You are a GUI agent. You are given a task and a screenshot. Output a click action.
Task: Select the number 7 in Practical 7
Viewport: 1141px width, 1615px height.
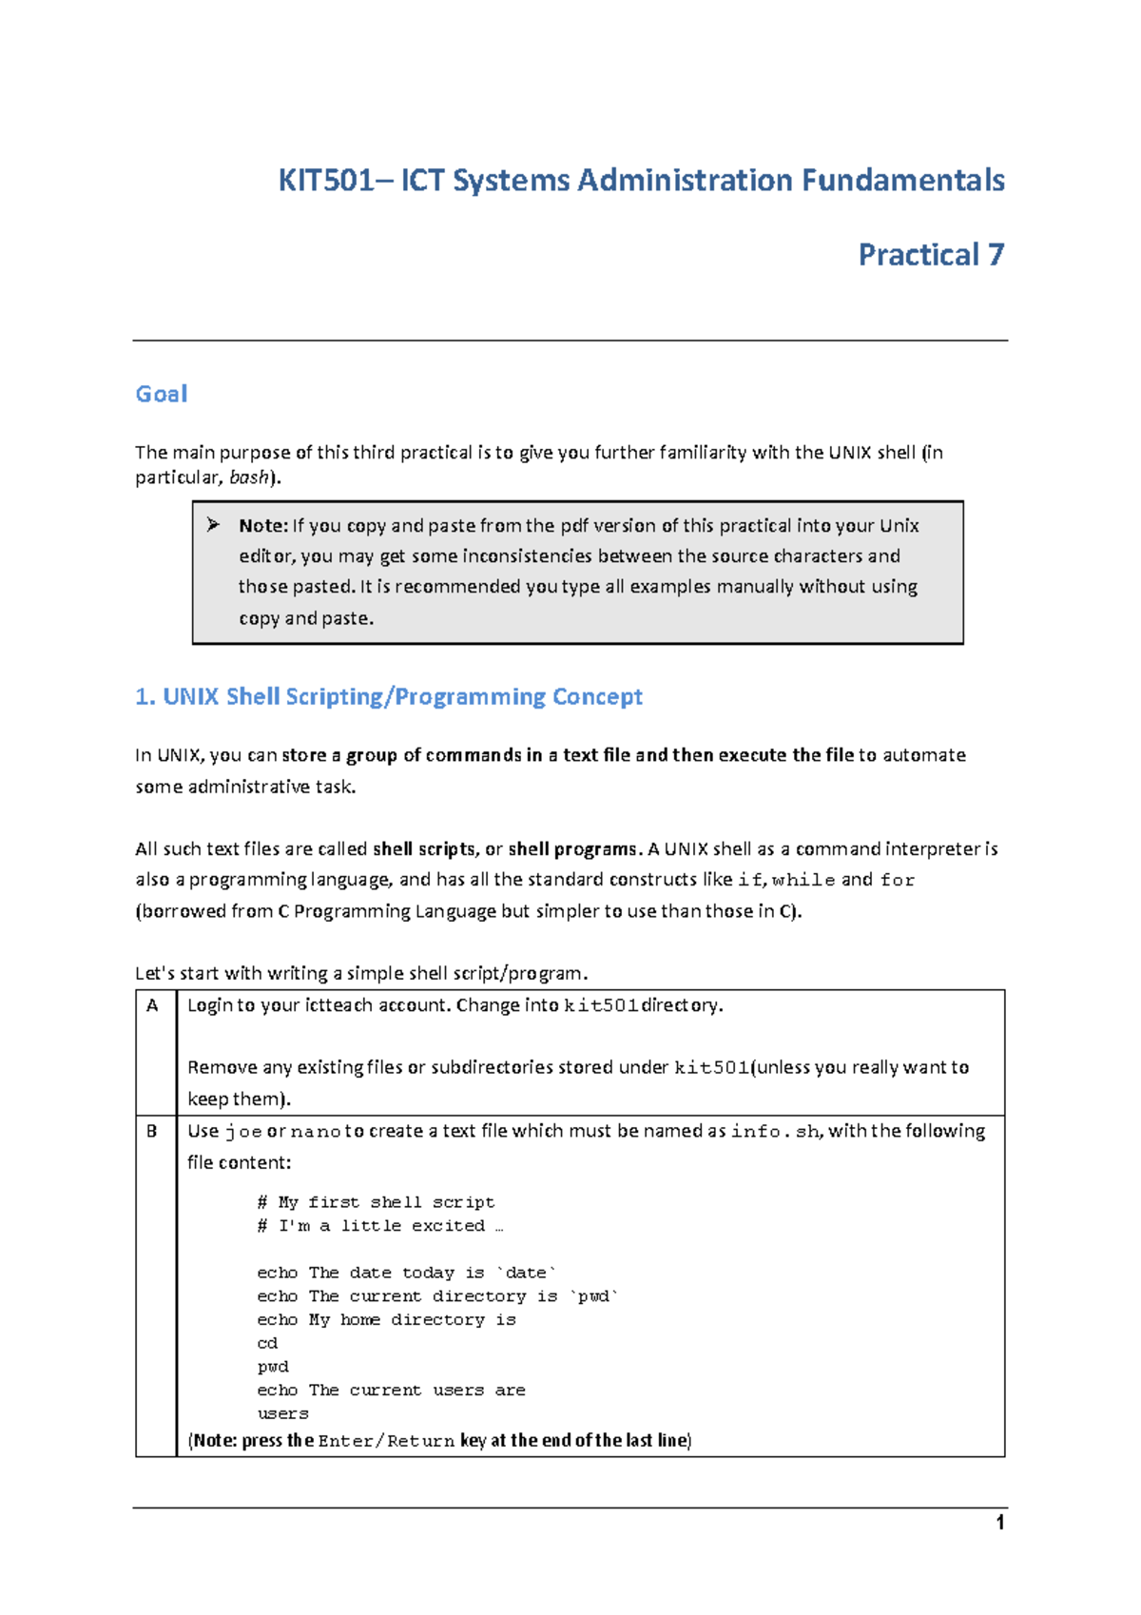point(996,255)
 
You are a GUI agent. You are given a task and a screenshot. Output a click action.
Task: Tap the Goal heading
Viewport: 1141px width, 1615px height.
point(161,394)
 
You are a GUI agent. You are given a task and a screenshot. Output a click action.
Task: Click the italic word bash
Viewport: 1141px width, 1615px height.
point(249,477)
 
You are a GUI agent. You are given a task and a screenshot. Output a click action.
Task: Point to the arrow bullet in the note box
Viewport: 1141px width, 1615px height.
point(213,525)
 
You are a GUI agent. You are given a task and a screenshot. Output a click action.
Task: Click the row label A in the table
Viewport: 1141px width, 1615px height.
point(152,1005)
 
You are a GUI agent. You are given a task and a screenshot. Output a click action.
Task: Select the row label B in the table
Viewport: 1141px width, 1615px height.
point(152,1131)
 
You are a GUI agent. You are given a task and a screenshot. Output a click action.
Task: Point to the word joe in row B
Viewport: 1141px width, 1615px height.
point(243,1132)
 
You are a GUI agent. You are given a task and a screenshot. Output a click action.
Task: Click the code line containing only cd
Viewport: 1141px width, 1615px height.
point(267,1344)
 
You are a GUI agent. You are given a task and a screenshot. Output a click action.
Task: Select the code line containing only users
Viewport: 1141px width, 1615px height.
point(282,1414)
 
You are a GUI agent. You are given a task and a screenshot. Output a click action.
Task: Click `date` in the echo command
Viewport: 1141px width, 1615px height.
point(527,1274)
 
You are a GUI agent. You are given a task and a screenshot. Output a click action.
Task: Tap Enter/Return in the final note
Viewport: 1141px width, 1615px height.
point(386,1441)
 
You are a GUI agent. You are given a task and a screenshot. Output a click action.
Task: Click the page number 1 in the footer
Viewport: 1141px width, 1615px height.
point(1000,1524)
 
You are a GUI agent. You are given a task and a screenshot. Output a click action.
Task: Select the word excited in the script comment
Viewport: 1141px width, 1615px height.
point(448,1226)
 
